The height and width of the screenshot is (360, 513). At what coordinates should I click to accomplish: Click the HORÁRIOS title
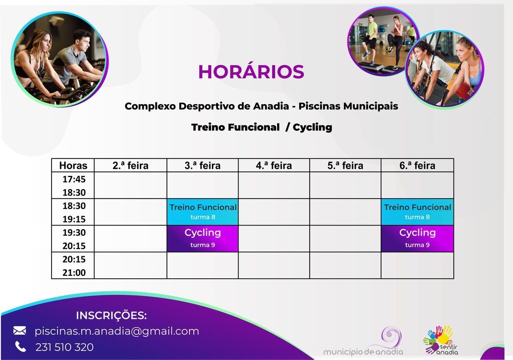pos(251,72)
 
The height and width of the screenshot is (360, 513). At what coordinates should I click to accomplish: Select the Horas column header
pos(73,165)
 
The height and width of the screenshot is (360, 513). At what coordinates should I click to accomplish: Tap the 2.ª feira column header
pos(130,165)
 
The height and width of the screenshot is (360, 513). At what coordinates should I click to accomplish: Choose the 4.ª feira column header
pos(274,165)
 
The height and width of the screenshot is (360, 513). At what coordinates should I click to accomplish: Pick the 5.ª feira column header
pos(345,165)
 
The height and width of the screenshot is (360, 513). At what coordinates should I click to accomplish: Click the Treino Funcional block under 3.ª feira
pos(203,212)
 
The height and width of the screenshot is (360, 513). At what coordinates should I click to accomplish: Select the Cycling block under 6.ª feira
pos(417,238)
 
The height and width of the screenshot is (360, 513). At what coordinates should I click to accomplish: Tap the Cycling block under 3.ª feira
pos(203,238)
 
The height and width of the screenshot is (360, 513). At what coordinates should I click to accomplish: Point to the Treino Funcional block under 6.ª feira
pos(417,212)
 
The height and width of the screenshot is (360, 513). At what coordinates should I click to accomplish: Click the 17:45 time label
pos(73,179)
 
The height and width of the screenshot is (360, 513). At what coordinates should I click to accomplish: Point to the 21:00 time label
pos(73,273)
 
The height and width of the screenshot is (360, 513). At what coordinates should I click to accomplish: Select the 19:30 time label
pos(73,233)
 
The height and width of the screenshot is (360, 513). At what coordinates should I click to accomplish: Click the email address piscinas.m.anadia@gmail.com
pos(117,331)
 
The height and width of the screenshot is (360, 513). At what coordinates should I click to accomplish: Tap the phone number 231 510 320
pos(64,347)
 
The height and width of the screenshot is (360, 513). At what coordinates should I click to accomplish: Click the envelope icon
pos(20,330)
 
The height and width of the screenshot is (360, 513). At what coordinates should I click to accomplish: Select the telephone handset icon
pos(20,346)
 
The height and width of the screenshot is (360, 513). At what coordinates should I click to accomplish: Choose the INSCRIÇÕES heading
pos(111,315)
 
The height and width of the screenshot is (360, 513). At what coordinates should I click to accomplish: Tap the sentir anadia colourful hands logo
pos(440,340)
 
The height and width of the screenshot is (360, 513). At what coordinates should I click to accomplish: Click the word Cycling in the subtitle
pos(313,127)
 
